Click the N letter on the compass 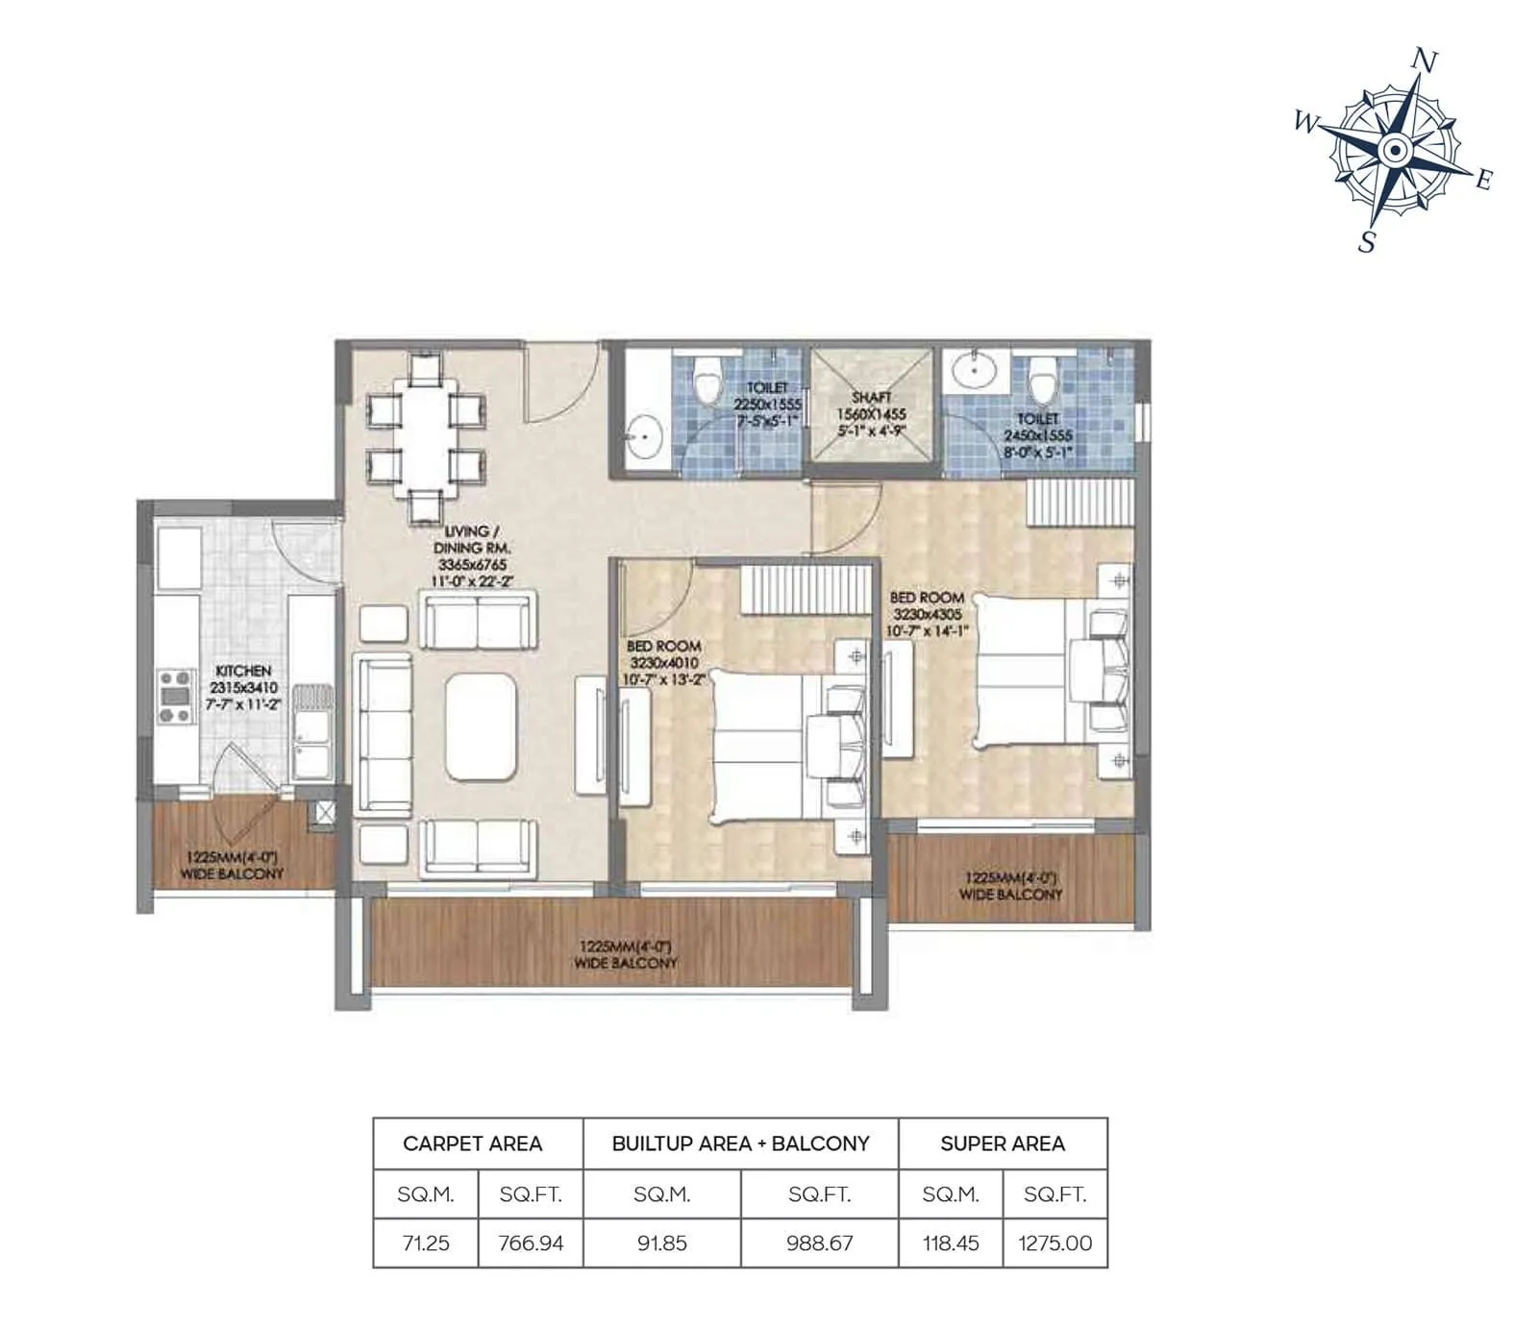pyautogui.click(x=1425, y=61)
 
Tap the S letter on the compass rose pyautogui.click(x=1367, y=242)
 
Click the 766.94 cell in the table pyautogui.click(x=531, y=1242)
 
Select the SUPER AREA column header pyautogui.click(x=1003, y=1143)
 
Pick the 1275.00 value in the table pyautogui.click(x=1055, y=1242)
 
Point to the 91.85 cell pyautogui.click(x=661, y=1242)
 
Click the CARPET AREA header pyautogui.click(x=472, y=1143)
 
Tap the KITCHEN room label pyautogui.click(x=243, y=671)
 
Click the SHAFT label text pyautogui.click(x=871, y=397)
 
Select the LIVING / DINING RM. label pyautogui.click(x=472, y=539)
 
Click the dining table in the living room pyautogui.click(x=425, y=437)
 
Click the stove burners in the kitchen pyautogui.click(x=176, y=697)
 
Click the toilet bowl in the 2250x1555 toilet pyautogui.click(x=707, y=381)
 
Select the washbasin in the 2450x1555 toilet pyautogui.click(x=975, y=369)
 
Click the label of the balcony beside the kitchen pyautogui.click(x=232, y=865)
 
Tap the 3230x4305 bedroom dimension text pyautogui.click(x=927, y=614)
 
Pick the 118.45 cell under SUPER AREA pyautogui.click(x=951, y=1242)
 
